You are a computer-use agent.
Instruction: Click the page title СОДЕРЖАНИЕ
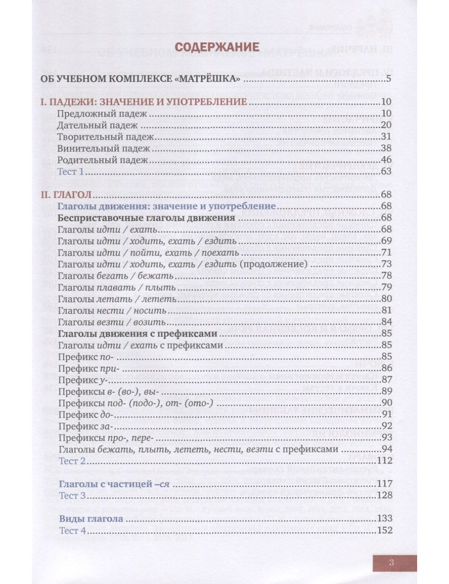tap(216, 47)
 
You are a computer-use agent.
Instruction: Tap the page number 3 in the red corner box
tap(392, 562)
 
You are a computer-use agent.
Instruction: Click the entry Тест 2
tap(72, 461)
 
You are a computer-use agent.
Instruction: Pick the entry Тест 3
tap(72, 496)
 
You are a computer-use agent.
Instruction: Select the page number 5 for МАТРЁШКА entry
tap(389, 80)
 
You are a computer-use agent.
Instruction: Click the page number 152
tap(385, 531)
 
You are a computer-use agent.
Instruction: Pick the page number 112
tap(385, 461)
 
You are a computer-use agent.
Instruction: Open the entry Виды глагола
tap(91, 518)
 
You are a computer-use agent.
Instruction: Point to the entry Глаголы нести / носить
tap(112, 310)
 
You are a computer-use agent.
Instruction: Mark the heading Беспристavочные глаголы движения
tap(147, 218)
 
